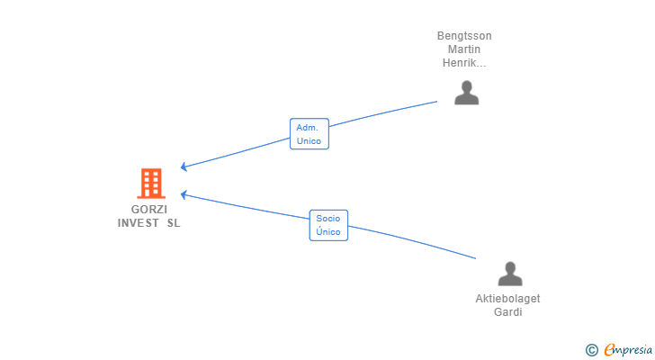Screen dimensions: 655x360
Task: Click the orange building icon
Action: click(151, 184)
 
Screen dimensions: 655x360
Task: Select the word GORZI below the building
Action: click(149, 209)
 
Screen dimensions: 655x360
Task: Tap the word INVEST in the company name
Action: click(139, 223)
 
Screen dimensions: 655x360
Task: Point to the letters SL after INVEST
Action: click(174, 223)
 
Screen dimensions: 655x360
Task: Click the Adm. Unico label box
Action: click(310, 133)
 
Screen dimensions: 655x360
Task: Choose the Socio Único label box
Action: click(328, 225)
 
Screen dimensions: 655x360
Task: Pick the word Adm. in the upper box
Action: click(307, 128)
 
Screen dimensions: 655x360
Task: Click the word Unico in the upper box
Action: click(309, 140)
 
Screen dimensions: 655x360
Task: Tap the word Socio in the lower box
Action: click(327, 219)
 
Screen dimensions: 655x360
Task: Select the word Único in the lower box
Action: click(327, 231)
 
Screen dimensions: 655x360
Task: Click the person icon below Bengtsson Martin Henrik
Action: click(467, 93)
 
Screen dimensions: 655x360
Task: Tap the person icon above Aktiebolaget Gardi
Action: click(510, 274)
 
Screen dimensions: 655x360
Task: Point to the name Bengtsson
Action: click(464, 36)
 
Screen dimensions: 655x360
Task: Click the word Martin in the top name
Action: click(464, 49)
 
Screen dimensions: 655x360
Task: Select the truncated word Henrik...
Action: click(464, 63)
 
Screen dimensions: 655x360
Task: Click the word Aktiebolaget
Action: click(507, 299)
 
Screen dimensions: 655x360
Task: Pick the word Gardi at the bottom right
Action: click(508, 312)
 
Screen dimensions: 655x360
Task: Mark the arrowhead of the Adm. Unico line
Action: click(184, 166)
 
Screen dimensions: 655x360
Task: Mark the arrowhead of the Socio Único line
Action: click(184, 194)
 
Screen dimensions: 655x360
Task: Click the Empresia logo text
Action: click(628, 349)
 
